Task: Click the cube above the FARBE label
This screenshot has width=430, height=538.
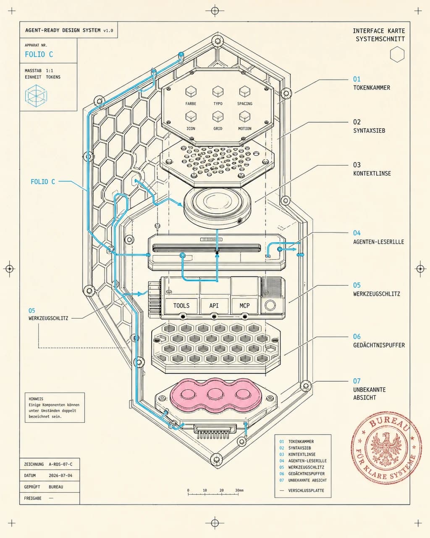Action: [x=191, y=92]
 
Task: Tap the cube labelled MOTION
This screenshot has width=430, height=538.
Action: [x=245, y=116]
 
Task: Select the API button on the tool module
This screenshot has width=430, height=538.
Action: [x=214, y=306]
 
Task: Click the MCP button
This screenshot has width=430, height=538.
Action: [x=244, y=306]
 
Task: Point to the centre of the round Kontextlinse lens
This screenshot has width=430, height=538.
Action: [x=217, y=201]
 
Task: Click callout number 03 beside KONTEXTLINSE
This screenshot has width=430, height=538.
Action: [x=357, y=165]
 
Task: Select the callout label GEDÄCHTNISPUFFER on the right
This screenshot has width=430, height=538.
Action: [x=379, y=345]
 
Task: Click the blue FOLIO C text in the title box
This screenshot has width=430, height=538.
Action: [x=39, y=55]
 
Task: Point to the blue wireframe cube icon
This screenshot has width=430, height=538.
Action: [x=36, y=95]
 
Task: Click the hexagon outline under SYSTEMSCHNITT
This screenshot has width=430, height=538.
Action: [x=397, y=54]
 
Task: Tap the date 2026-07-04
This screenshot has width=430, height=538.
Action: [x=61, y=475]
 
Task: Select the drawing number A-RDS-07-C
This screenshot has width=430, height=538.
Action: [x=61, y=464]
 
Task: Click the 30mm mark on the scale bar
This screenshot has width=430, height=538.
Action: [x=239, y=490]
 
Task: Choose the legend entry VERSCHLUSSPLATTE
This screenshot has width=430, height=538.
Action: [x=306, y=491]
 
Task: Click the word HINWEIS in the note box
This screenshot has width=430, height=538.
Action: [x=36, y=399]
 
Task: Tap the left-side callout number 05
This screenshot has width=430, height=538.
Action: [x=32, y=311]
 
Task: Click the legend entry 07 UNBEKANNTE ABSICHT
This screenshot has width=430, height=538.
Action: [x=303, y=480]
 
